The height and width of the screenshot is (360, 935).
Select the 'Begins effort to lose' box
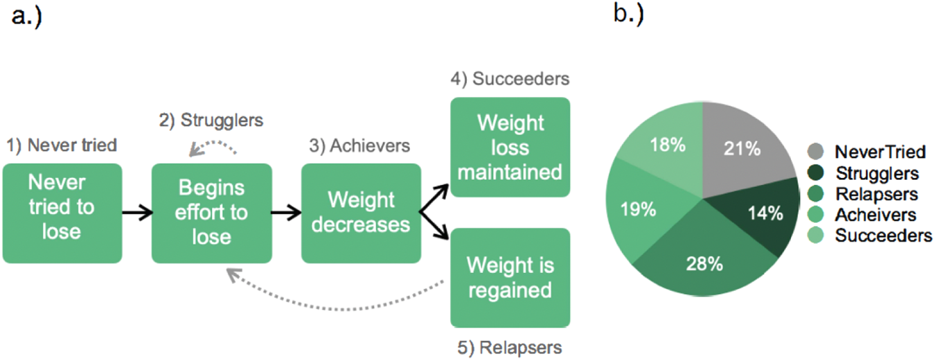(211, 213)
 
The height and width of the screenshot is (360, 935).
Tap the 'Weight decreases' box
(361, 213)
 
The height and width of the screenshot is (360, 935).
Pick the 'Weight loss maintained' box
(510, 147)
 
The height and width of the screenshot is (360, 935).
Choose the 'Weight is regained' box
(510, 277)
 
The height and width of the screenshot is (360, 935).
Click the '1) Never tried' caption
(62, 145)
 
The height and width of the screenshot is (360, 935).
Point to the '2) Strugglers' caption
(211, 120)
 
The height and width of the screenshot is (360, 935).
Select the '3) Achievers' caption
(360, 146)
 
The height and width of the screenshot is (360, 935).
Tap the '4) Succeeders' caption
(510, 79)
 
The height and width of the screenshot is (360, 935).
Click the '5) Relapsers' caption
(510, 345)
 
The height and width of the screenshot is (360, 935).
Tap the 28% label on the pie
(704, 264)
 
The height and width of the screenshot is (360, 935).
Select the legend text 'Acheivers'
(875, 215)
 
